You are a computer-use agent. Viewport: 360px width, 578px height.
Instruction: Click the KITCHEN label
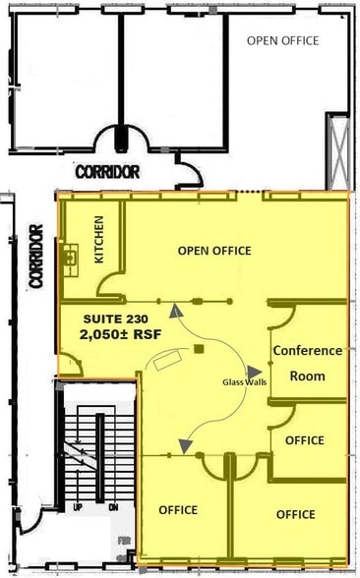(99, 243)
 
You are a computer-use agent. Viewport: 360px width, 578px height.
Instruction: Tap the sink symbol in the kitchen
(70, 258)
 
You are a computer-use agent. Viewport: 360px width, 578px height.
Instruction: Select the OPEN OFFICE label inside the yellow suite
(214, 251)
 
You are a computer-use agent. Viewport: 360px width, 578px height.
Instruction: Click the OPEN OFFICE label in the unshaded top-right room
(282, 40)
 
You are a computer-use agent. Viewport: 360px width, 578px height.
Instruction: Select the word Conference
(308, 351)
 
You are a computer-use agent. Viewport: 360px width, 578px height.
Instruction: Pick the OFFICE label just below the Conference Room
(304, 440)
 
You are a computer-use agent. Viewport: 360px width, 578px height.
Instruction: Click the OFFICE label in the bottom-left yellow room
(178, 509)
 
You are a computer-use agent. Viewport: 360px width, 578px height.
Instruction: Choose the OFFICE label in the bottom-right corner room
(295, 514)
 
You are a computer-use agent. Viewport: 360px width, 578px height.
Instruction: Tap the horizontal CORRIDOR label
(107, 171)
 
